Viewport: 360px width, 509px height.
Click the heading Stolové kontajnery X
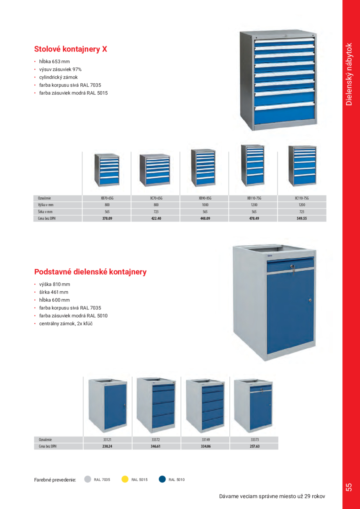click(70, 49)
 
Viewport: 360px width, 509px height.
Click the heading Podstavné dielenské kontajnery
click(90, 272)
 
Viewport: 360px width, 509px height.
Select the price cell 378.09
click(107, 218)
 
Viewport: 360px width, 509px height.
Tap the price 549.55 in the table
click(301, 218)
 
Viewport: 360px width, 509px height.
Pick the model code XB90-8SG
click(205, 198)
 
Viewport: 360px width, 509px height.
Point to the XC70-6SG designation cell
click(156, 198)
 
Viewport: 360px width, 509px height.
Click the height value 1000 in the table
click(205, 205)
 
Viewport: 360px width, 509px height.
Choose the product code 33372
click(156, 440)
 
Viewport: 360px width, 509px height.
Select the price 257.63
click(255, 447)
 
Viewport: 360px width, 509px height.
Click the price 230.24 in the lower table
click(107, 447)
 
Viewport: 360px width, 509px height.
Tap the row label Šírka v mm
click(46, 212)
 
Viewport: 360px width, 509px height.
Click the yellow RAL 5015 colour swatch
click(125, 480)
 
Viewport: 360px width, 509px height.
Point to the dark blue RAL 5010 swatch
click(162, 480)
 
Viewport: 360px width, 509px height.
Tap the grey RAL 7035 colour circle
click(87, 480)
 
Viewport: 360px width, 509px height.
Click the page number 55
click(349, 487)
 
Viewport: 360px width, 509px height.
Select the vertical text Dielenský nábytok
click(350, 74)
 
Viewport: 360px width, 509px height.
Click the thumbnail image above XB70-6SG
click(107, 169)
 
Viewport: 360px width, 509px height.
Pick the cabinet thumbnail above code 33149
click(205, 404)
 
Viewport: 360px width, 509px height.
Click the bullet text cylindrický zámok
click(58, 77)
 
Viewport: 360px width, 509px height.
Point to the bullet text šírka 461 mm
click(54, 292)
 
